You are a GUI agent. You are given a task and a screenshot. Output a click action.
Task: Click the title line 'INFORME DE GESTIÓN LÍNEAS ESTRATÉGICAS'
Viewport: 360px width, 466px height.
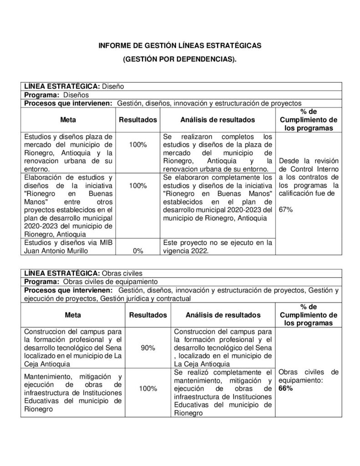click(x=180, y=46)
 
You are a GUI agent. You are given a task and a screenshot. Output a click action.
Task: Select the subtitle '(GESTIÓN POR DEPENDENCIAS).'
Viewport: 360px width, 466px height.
click(x=180, y=60)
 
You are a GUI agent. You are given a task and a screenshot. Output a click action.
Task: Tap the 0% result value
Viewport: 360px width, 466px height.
click(x=137, y=251)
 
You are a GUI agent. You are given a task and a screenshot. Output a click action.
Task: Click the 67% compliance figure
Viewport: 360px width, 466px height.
click(x=285, y=210)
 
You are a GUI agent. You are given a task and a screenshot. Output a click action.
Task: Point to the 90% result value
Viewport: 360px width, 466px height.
click(x=148, y=348)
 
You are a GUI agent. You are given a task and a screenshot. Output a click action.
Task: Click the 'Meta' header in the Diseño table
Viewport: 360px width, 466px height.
click(x=68, y=120)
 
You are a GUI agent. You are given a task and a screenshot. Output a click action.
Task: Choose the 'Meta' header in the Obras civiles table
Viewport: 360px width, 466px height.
click(x=73, y=315)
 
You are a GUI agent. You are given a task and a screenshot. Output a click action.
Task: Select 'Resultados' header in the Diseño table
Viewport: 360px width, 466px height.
click(x=138, y=120)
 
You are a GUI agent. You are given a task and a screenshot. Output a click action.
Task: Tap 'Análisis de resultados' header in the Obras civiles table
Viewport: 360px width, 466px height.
click(x=223, y=315)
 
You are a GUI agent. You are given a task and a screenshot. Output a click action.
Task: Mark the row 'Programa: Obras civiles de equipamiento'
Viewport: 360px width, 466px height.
click(x=91, y=282)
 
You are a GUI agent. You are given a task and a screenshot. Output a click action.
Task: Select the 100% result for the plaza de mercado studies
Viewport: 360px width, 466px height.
click(x=137, y=144)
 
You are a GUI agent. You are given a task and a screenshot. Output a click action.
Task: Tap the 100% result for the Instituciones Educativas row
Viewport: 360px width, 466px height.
click(x=148, y=389)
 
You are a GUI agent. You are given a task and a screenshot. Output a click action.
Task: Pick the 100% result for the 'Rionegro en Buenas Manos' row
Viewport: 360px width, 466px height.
click(x=137, y=186)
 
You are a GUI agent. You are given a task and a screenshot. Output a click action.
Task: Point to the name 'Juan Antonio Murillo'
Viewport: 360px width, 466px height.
click(x=55, y=251)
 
